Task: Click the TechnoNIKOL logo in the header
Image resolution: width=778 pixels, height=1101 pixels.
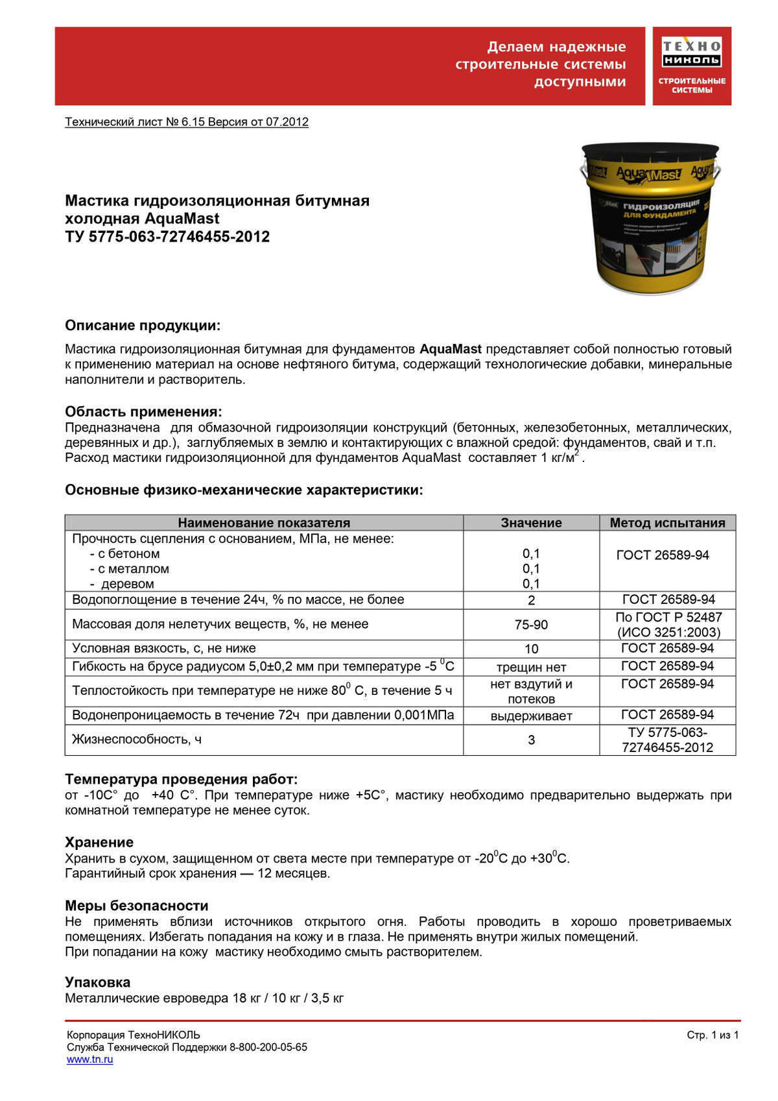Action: pos(691,66)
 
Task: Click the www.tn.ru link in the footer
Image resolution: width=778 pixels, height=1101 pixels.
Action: pos(89,1059)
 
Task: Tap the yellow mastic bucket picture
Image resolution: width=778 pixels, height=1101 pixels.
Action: pos(650,217)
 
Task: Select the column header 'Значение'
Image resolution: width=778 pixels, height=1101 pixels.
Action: pos(531,523)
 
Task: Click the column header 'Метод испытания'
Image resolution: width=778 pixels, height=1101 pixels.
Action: pos(667,523)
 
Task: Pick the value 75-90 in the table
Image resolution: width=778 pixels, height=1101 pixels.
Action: pos(531,625)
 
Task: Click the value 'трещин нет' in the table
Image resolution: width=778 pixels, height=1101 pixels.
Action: pos(531,668)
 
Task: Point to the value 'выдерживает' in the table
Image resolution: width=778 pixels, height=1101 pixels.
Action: pos(531,716)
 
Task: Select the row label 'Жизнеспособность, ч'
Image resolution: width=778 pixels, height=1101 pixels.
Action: pos(137,740)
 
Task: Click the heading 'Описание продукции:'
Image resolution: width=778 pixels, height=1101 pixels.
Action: pos(143,326)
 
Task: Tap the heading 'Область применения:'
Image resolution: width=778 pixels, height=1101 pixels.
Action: pos(143,412)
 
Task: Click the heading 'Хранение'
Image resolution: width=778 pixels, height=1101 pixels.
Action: pos(99,842)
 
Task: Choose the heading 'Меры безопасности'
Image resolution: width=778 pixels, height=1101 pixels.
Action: pos(137,906)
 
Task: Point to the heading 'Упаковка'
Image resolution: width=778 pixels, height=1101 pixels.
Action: pos(98,982)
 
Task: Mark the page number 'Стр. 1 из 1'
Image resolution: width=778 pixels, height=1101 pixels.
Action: pos(713,1035)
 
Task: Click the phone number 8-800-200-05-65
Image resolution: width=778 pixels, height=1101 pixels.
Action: pos(268,1047)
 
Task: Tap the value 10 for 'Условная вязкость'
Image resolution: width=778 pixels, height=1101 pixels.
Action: pos(531,649)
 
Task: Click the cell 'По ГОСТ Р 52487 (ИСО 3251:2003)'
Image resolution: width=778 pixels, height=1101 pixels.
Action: pos(668,625)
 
